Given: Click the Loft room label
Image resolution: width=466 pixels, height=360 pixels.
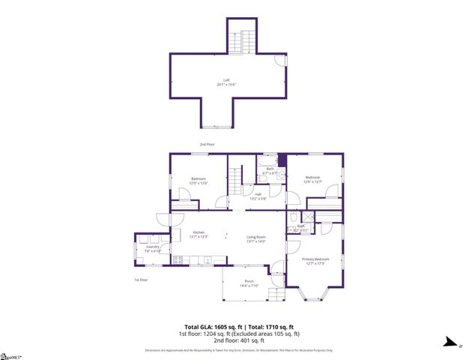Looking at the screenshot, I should (226, 82).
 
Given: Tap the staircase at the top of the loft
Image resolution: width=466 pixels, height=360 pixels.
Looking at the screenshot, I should (246, 38).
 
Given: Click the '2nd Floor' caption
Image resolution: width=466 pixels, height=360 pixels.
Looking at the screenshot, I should (207, 144).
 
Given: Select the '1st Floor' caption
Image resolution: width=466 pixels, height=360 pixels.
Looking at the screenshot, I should (141, 280).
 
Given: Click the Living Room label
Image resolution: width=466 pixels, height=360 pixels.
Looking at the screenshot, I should (256, 239).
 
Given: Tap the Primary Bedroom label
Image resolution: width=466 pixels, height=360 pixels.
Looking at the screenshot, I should (315, 260).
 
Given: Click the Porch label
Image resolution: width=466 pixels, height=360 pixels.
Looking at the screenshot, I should (249, 283).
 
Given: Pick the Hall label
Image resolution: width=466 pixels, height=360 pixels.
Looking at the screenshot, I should (258, 196).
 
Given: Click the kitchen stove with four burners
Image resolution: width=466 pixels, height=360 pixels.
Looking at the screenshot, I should (178, 260).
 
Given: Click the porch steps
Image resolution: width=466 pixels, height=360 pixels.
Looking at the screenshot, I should (277, 293).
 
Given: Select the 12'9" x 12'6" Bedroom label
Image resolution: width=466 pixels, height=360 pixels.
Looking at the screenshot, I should (198, 180).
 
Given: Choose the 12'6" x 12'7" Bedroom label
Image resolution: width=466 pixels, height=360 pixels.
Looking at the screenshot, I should (312, 179).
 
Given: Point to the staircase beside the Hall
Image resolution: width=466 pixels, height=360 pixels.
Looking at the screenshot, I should (237, 180).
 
